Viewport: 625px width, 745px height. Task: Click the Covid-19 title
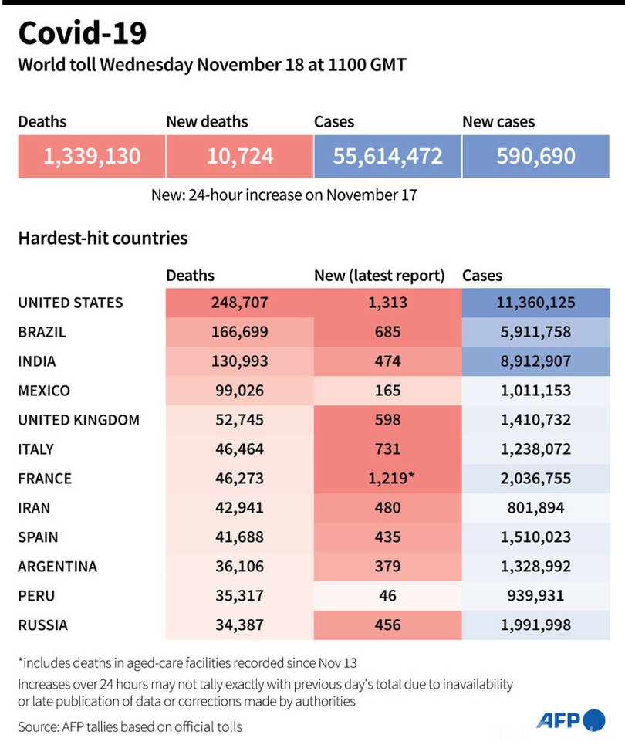[x=82, y=34]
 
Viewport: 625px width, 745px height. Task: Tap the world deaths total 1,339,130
[x=92, y=157]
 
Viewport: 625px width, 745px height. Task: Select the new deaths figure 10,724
[x=239, y=157]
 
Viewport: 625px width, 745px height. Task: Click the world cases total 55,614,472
[x=387, y=157]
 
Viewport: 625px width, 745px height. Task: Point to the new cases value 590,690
[x=535, y=157]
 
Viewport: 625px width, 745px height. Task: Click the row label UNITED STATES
[x=70, y=303]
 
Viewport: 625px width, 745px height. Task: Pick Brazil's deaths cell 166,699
[x=239, y=332]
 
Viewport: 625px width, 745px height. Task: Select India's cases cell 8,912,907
[x=535, y=361]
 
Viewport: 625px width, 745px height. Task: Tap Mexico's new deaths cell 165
[x=387, y=391]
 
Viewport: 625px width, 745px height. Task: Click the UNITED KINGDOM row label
[x=79, y=420]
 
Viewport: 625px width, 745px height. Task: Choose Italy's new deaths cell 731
[x=387, y=449]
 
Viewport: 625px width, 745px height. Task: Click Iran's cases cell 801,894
[x=535, y=508]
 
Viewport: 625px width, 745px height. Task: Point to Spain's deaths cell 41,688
[x=239, y=537]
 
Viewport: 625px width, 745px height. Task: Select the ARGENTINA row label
[x=57, y=567]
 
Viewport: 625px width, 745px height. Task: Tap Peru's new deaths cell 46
[x=387, y=596]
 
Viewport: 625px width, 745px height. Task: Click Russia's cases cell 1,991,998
[x=535, y=625]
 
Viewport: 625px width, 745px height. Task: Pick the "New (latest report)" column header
[x=379, y=276]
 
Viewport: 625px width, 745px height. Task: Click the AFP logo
[x=571, y=720]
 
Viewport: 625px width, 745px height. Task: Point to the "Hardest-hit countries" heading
[x=103, y=238]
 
